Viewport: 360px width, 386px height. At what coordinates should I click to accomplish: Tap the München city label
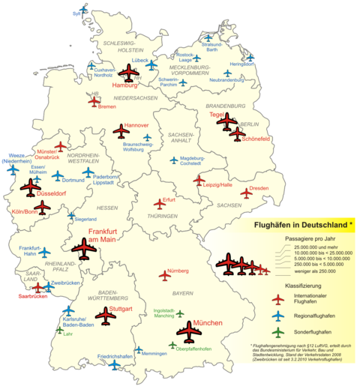click(x=208, y=324)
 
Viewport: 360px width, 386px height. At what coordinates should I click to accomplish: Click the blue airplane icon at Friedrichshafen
click(x=114, y=365)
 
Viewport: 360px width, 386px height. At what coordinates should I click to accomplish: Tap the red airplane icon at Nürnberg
click(x=166, y=276)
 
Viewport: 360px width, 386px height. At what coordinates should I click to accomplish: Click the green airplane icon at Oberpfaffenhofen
click(x=172, y=346)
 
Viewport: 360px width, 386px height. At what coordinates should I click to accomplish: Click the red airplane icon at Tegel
click(x=226, y=124)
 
